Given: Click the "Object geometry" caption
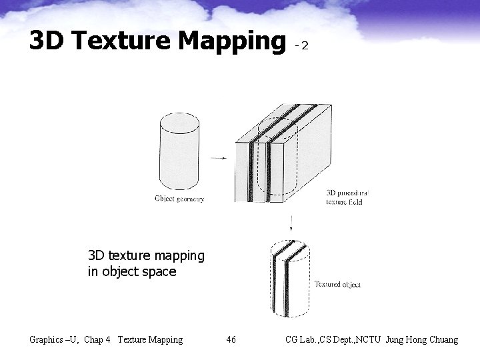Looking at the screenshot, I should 179,198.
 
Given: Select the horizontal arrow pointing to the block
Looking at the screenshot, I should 217,158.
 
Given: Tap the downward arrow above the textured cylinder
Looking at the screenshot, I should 291,223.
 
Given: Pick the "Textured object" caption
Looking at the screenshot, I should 337,285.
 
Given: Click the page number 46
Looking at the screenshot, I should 231,340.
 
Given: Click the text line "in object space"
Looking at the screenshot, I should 132,271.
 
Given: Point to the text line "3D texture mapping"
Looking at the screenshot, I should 146,255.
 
